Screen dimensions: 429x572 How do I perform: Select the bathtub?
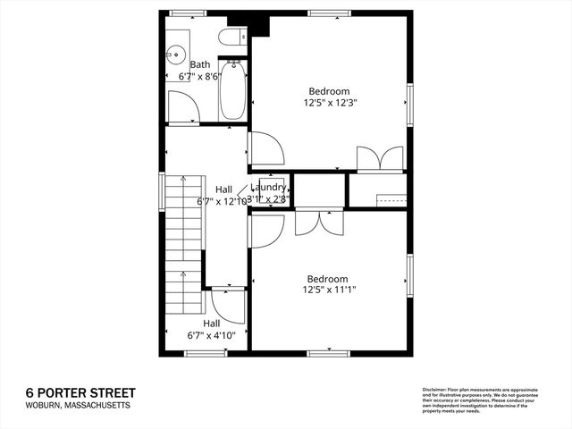(233, 90)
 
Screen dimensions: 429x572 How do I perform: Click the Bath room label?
(200, 64)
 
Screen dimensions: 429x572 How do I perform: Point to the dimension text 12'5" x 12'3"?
(329, 103)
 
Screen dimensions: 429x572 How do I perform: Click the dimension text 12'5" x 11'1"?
(329, 290)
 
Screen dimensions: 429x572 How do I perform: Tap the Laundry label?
(268, 188)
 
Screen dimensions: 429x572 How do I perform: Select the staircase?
(183, 250)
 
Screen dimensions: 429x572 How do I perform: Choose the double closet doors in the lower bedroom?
(319, 222)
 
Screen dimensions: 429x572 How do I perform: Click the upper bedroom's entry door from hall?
(265, 148)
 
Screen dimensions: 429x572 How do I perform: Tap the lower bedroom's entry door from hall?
(265, 231)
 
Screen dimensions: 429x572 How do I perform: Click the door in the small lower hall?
(231, 306)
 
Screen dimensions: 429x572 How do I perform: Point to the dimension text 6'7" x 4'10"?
(211, 335)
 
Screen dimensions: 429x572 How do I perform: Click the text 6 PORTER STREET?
(81, 393)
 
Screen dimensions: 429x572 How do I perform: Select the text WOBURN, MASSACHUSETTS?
(78, 406)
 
